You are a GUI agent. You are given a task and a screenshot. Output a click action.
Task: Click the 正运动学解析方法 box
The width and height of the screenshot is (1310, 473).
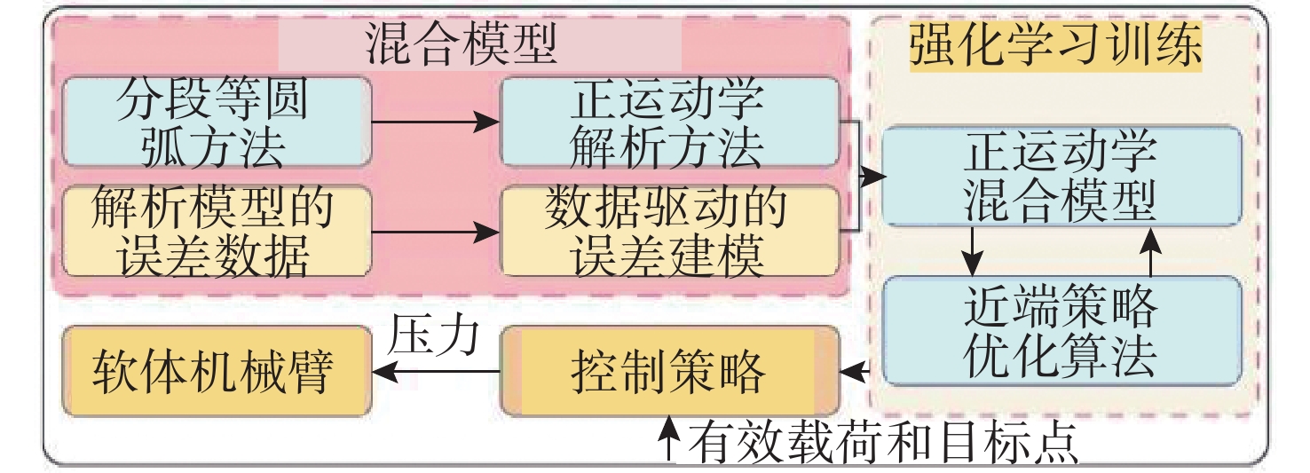coord(668,122)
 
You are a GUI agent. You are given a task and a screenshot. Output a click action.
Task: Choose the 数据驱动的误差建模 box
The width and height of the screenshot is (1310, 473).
coord(668,232)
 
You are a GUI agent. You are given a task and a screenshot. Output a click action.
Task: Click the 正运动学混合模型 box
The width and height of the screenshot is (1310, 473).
coord(1061,177)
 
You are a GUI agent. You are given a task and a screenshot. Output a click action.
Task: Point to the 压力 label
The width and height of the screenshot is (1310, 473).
coord(434,335)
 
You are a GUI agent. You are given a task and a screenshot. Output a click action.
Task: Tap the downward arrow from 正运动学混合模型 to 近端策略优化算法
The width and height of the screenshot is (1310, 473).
coord(974,250)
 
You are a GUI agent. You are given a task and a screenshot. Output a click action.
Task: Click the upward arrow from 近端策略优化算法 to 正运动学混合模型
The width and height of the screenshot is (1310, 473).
coord(1150,250)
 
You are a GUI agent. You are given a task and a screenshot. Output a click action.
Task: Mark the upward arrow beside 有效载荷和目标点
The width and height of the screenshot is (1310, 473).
coord(671,439)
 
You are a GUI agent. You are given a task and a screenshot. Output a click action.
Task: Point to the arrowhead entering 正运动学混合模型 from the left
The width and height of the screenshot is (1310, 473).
coord(875,177)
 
